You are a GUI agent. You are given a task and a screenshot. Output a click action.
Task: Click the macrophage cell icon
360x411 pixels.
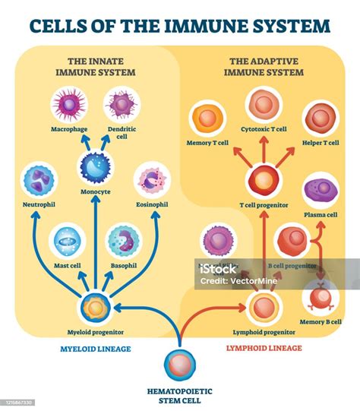68,106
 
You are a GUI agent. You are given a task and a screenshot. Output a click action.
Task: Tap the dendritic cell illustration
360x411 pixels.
120,106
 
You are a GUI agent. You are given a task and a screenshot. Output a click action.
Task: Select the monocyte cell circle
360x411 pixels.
96,168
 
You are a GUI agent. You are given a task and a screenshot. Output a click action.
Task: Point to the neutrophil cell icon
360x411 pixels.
39,182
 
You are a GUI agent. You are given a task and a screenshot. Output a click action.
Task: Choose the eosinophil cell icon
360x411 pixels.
152,182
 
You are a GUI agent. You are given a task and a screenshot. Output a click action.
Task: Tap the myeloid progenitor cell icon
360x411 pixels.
96,308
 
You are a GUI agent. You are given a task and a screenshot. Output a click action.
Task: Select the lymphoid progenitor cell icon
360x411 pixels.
264,307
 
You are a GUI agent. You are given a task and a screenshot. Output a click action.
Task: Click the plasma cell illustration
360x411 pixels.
320,190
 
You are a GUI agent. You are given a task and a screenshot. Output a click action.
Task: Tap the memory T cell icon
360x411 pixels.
207,120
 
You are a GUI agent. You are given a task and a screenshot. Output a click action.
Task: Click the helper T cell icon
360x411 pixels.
320,120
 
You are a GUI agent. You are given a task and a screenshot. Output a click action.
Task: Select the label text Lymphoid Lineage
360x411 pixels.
265,347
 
